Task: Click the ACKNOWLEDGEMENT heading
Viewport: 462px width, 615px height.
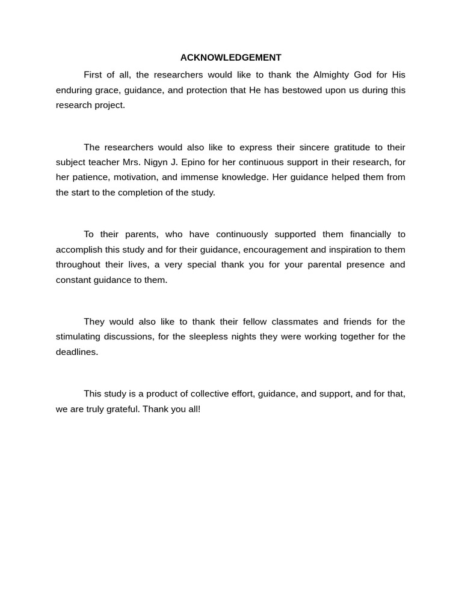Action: tap(231, 58)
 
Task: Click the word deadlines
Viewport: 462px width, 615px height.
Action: tap(76, 352)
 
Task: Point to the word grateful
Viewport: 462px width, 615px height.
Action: tap(120, 409)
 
